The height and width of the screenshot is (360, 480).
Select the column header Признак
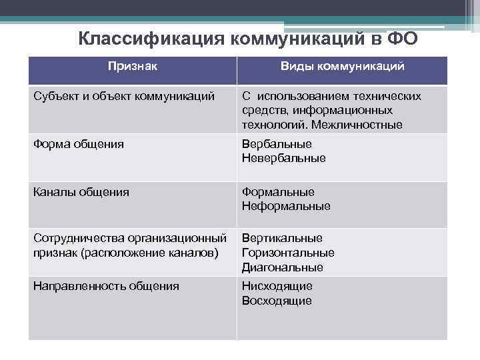click(x=133, y=67)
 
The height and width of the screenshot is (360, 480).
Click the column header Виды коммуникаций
click(x=342, y=67)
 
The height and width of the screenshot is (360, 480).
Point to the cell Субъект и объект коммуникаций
click(x=124, y=96)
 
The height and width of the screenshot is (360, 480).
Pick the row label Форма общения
click(x=79, y=143)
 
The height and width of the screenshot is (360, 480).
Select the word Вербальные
click(x=277, y=144)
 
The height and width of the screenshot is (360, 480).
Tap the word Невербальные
click(x=284, y=158)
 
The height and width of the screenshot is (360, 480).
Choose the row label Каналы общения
click(x=81, y=192)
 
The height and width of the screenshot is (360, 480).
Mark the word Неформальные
click(x=286, y=206)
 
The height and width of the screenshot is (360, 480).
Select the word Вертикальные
click(x=282, y=238)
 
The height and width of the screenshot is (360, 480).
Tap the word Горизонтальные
click(x=288, y=253)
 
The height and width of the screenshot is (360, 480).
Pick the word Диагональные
click(x=283, y=267)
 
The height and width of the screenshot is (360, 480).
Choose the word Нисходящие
click(x=277, y=286)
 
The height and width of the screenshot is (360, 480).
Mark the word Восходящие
click(x=277, y=301)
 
